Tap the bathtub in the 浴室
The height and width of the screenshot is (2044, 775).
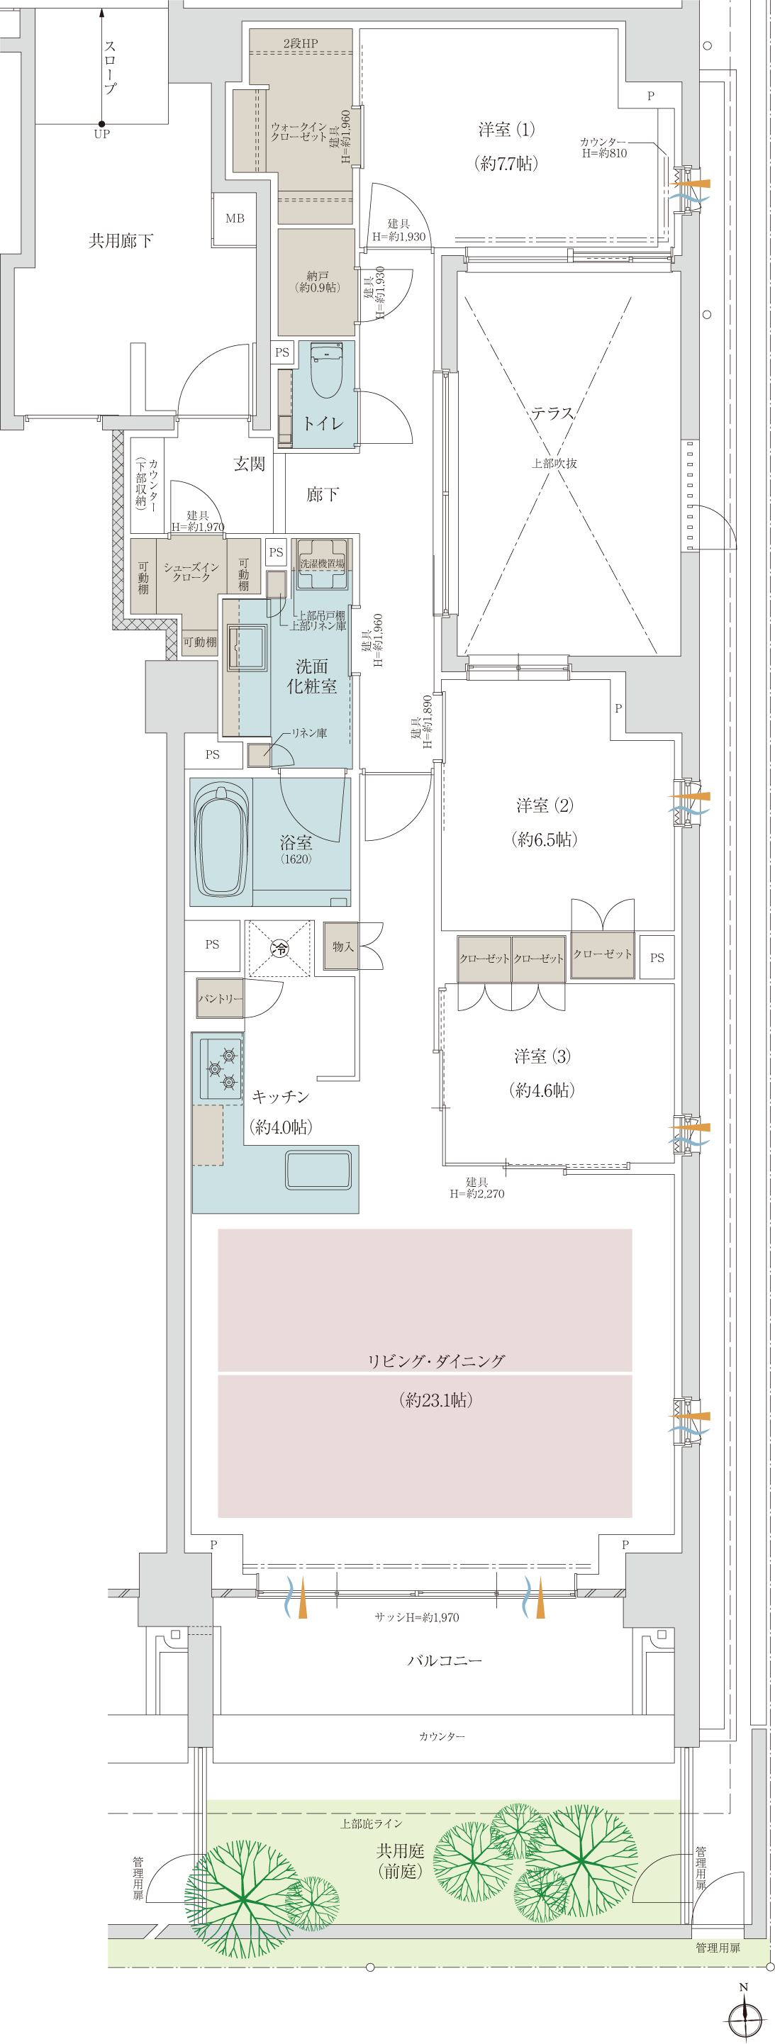tap(222, 841)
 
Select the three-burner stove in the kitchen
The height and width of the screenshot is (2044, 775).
tap(221, 1069)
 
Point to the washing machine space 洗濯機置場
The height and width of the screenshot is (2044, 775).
tap(321, 564)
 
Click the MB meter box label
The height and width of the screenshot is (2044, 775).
tap(235, 218)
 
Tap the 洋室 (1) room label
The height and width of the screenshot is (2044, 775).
tap(507, 129)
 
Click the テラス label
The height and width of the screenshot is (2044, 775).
tap(553, 413)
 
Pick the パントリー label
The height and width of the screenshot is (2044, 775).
tap(221, 998)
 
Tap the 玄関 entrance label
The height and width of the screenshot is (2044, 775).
tap(249, 464)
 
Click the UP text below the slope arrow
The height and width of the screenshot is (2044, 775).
tap(101, 134)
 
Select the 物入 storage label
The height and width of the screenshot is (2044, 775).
tap(342, 946)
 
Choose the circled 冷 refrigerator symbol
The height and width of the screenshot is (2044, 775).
tap(280, 947)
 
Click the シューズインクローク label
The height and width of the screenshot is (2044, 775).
tap(191, 572)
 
